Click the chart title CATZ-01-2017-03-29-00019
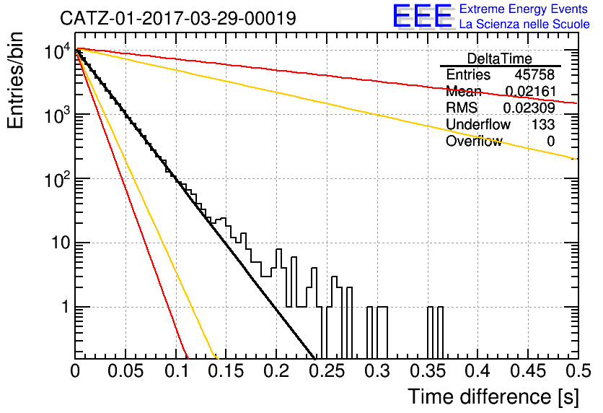coord(178,18)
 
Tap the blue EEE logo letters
coord(422,16)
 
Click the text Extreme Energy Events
coord(524,9)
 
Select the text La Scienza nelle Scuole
coord(524,24)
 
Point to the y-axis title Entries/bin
coord(15,80)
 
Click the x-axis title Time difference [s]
coord(493,396)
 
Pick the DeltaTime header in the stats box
coord(499,58)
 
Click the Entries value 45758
coord(534,74)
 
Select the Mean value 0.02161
coord(530,91)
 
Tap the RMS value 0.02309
coord(529,108)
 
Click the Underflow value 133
coord(543,124)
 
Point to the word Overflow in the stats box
coord(474,141)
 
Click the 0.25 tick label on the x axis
coord(327,371)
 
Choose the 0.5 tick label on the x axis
coord(578,371)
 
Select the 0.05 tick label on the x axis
coord(126,371)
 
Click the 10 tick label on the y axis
coord(61,243)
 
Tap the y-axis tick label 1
coord(66,307)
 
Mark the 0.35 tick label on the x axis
coord(428,371)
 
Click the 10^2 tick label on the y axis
coord(58,179)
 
